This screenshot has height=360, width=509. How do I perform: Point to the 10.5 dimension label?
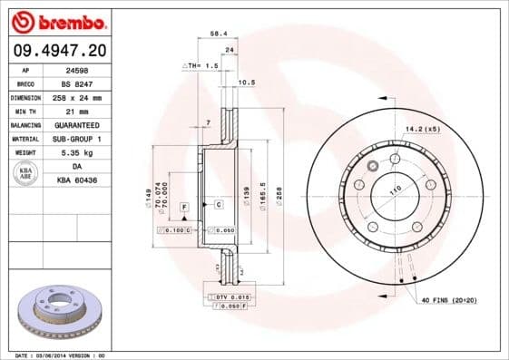245,83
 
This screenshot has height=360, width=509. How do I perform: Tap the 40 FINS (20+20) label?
447,299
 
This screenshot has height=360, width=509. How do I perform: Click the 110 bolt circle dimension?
395,190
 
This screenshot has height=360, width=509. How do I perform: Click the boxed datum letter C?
219,205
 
